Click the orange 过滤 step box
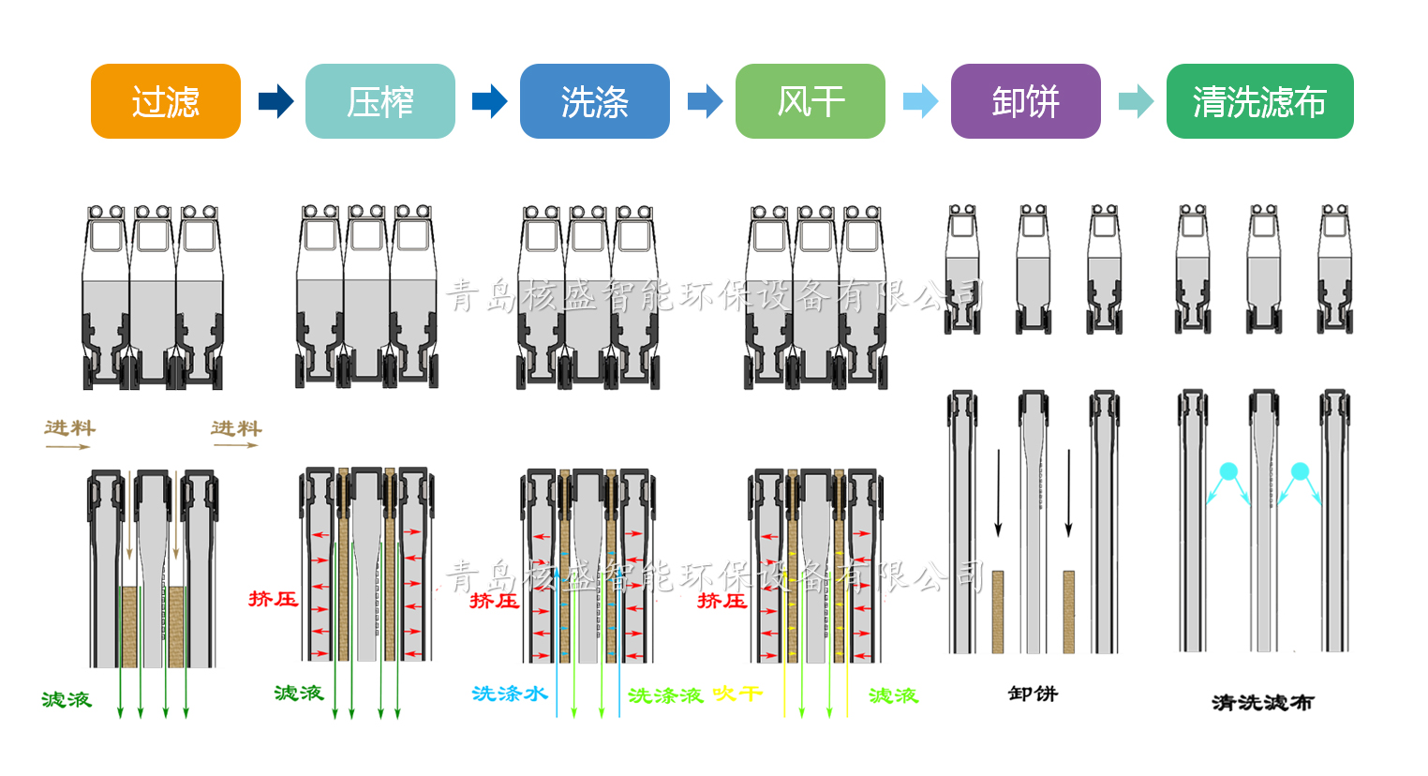tap(166, 101)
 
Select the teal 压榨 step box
tap(380, 101)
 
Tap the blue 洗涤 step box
tap(595, 101)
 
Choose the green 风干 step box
tap(811, 101)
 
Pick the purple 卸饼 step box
tap(1026, 101)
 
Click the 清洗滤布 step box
tap(1260, 101)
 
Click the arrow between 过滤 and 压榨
tap(275, 101)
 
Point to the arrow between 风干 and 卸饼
tap(920, 101)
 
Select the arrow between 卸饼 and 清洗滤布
tap(1136, 101)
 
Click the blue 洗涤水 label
tap(510, 694)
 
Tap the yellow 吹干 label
tap(737, 694)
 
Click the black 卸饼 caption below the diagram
tap(1033, 694)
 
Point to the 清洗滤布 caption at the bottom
tap(1262, 702)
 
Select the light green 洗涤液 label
tap(665, 695)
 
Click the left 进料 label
tap(70, 428)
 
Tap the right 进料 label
tap(236, 428)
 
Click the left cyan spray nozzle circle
tap(1228, 470)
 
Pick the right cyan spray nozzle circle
tap(1300, 470)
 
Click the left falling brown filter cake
tap(998, 611)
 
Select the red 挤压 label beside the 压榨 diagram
tap(273, 599)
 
